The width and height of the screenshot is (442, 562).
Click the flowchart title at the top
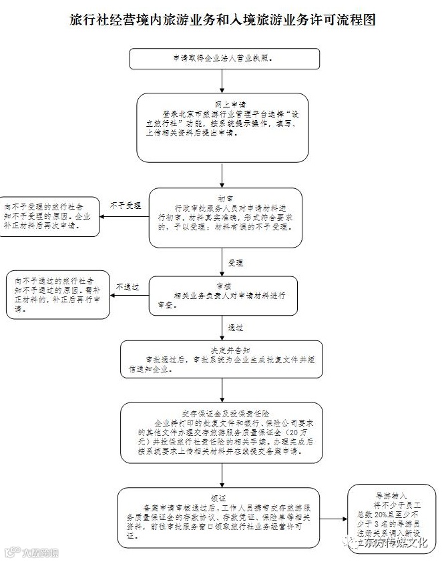[221, 20]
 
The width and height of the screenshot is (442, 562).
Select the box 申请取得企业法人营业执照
[221, 58]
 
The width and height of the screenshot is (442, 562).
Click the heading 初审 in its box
[224, 198]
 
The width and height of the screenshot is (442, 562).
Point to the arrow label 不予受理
[126, 205]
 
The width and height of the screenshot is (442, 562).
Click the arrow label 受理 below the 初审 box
[235, 262]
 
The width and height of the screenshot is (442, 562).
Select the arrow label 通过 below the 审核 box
[236, 328]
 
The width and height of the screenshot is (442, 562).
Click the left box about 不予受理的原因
[50, 216]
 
